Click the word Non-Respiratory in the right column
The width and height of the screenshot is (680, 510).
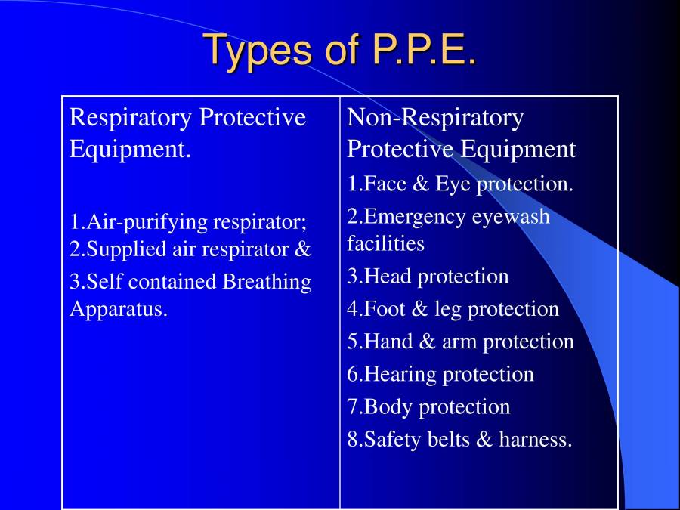pyautogui.click(x=435, y=118)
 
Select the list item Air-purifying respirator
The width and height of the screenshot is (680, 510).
pyautogui.click(x=188, y=222)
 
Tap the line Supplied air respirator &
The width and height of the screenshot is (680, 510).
pyautogui.click(x=190, y=249)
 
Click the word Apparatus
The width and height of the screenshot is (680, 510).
pyautogui.click(x=119, y=309)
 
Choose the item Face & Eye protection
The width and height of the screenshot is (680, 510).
pyautogui.click(x=460, y=184)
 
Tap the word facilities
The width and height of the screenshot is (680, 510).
pyautogui.click(x=386, y=244)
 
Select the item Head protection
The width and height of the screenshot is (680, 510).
pyautogui.click(x=428, y=277)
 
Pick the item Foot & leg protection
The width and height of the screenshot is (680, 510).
pyautogui.click(x=453, y=309)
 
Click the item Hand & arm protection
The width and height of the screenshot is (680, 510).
pyautogui.click(x=461, y=342)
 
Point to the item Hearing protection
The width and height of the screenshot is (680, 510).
pyautogui.click(x=440, y=374)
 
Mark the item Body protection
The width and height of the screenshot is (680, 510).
pyautogui.click(x=429, y=406)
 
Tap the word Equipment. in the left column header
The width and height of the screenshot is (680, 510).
pyautogui.click(x=130, y=149)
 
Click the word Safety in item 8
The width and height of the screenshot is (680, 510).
pyautogui.click(x=391, y=439)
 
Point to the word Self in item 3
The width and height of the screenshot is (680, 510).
pyautogui.click(x=102, y=282)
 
